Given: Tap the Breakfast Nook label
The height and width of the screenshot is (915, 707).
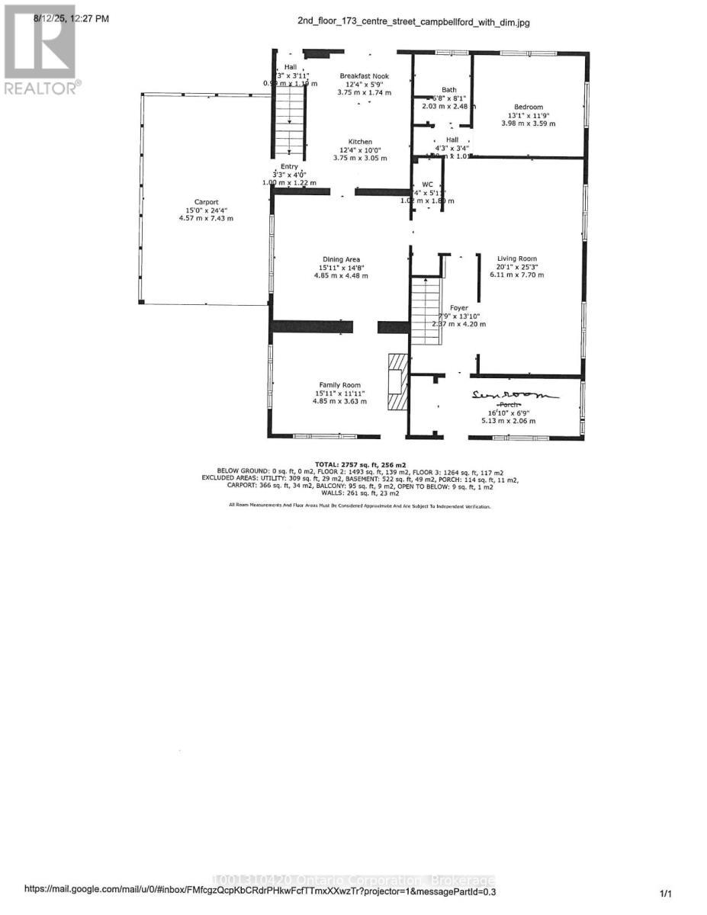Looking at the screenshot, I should tap(365, 76).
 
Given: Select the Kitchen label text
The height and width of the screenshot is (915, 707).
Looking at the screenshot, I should tap(360, 142).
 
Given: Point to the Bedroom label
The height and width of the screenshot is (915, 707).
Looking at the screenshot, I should tap(528, 107).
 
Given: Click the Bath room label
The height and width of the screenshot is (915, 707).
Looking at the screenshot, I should tap(449, 90).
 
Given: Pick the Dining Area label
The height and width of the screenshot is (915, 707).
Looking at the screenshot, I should tap(340, 259).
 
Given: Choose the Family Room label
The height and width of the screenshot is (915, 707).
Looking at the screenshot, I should tap(340, 385).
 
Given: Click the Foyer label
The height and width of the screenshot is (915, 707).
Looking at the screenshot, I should tap(459, 308).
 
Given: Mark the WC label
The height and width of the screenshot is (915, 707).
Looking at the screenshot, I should tap(427, 185).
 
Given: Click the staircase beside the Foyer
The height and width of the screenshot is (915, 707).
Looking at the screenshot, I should tap(426, 303).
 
